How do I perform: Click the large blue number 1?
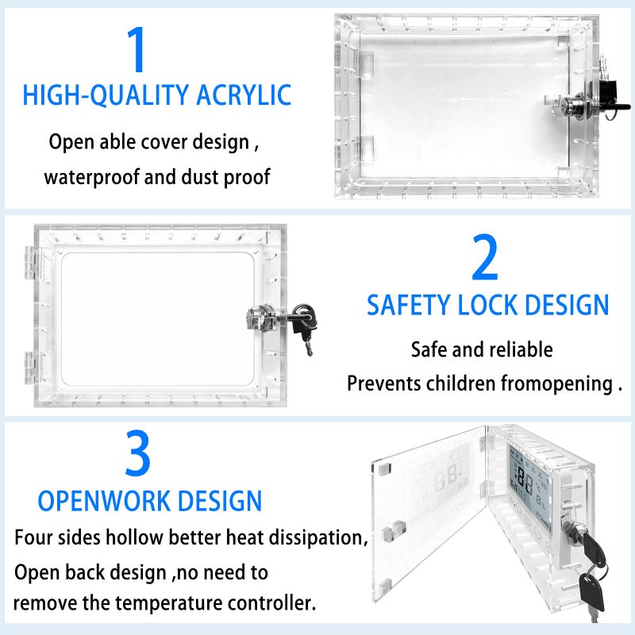pos(137,51)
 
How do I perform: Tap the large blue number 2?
pos(485,258)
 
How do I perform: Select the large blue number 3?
pos(138,454)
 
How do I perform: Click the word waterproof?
pos(88,176)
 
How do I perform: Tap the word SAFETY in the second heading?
pos(408,305)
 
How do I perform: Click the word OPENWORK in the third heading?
pos(105,501)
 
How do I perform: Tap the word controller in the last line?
pos(270,602)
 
